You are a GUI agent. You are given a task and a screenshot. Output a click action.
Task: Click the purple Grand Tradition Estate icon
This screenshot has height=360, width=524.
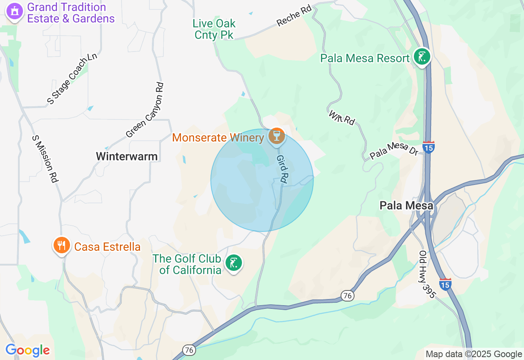coord(15,11)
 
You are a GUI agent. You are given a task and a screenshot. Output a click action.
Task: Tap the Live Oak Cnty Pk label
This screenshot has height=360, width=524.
coord(215,29)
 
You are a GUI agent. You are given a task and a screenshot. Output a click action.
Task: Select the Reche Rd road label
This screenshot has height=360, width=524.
coord(294,16)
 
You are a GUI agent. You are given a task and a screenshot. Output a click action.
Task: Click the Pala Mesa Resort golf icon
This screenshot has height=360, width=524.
coord(422,56)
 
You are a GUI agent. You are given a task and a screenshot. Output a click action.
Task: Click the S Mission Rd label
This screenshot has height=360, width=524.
coord(45,159)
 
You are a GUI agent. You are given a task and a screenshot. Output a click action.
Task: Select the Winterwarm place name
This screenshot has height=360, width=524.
coord(126,156)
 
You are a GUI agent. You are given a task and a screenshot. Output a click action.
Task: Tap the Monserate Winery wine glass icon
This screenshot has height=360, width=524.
coord(277,135)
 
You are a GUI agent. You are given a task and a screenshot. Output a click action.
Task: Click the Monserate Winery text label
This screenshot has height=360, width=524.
coord(218,137)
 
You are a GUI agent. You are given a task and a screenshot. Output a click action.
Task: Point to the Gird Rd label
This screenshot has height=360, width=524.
coord(282,168)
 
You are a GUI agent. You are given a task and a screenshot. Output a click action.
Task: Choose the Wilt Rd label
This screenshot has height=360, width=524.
coord(341,117)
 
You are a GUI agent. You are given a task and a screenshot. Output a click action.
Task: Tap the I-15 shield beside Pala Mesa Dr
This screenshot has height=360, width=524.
coord(428,147)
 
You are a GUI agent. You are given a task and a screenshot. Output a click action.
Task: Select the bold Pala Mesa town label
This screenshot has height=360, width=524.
coord(406,205)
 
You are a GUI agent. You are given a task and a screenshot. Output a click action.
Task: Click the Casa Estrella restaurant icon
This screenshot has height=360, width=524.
coord(61,245)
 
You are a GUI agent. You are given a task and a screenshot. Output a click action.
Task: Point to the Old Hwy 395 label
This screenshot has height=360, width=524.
coord(426,274)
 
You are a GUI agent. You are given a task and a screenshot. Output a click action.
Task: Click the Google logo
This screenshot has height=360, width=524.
coord(28,351)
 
